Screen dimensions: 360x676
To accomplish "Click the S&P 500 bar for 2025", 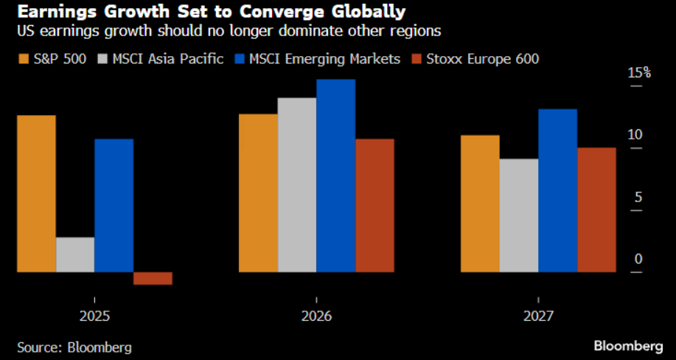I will click(36, 193).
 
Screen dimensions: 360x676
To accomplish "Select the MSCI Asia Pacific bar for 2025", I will click(75, 255).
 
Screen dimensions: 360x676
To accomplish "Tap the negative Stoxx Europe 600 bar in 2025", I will click(153, 278).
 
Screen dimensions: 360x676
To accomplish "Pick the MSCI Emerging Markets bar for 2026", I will click(335, 176).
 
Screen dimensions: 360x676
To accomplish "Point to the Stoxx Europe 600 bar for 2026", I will click(374, 205).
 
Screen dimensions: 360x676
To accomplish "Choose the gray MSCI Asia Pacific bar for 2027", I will click(518, 215).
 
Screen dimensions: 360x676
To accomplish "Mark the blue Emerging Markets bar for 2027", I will click(557, 190).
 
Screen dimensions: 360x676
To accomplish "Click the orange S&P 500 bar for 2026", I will click(258, 193).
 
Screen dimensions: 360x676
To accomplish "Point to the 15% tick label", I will click(639, 73).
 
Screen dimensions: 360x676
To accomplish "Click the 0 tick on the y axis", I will click(638, 260).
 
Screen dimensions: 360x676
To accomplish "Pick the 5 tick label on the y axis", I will click(638, 198).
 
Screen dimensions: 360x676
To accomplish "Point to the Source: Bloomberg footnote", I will click(69, 345).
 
